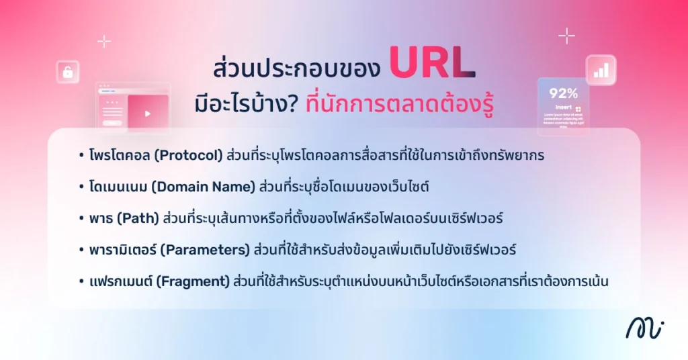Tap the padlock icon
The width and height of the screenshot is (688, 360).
point(68,72)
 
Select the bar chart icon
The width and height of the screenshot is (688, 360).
point(601,70)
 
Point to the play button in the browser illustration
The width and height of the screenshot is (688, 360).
point(148,113)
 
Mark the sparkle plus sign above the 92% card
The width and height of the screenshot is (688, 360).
point(566,35)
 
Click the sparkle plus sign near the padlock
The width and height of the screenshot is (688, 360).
point(104,42)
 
